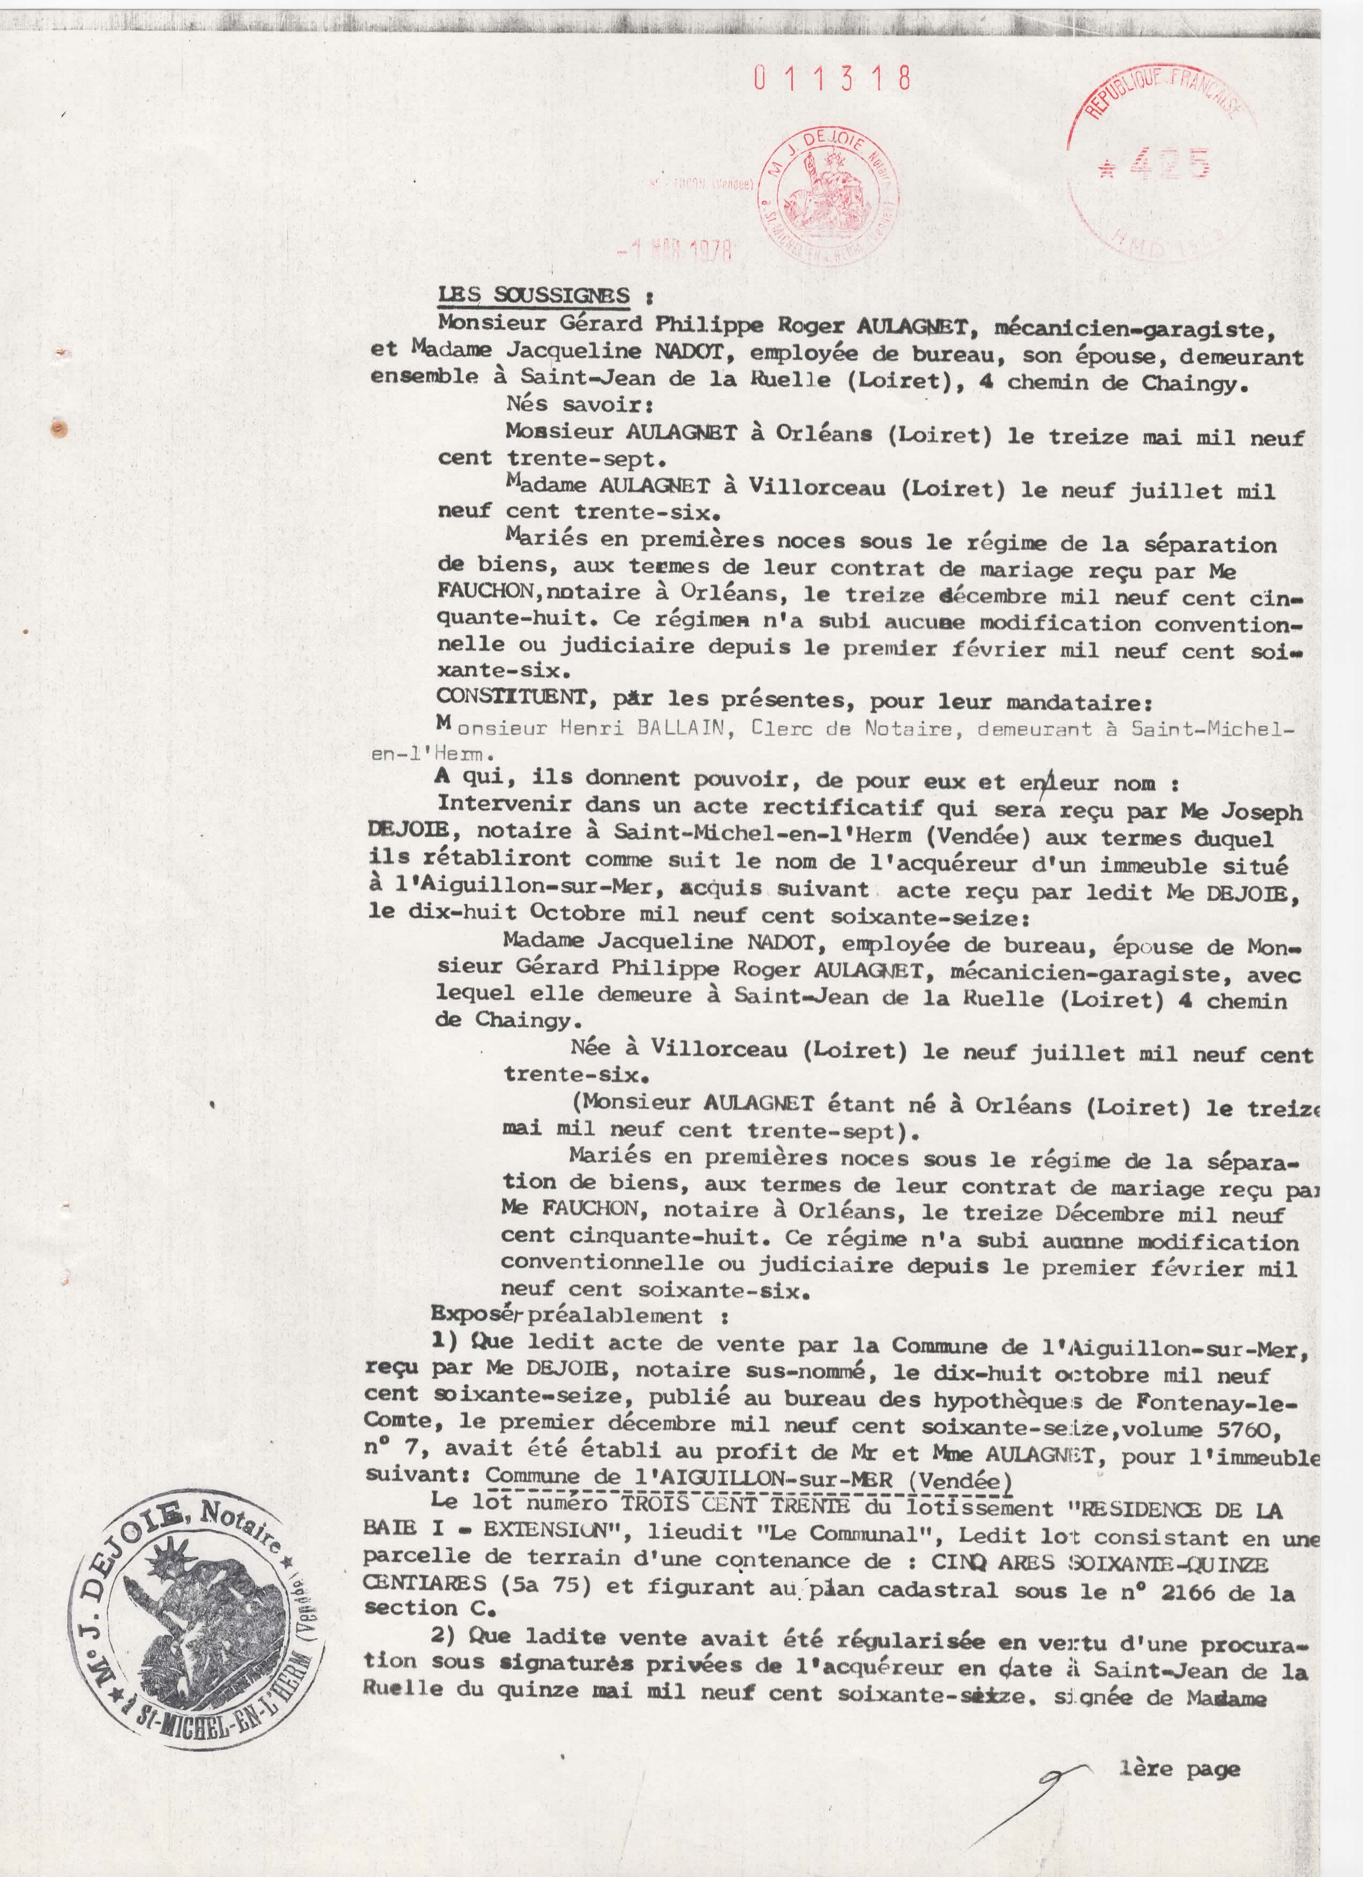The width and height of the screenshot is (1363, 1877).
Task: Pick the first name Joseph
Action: (1262, 812)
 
